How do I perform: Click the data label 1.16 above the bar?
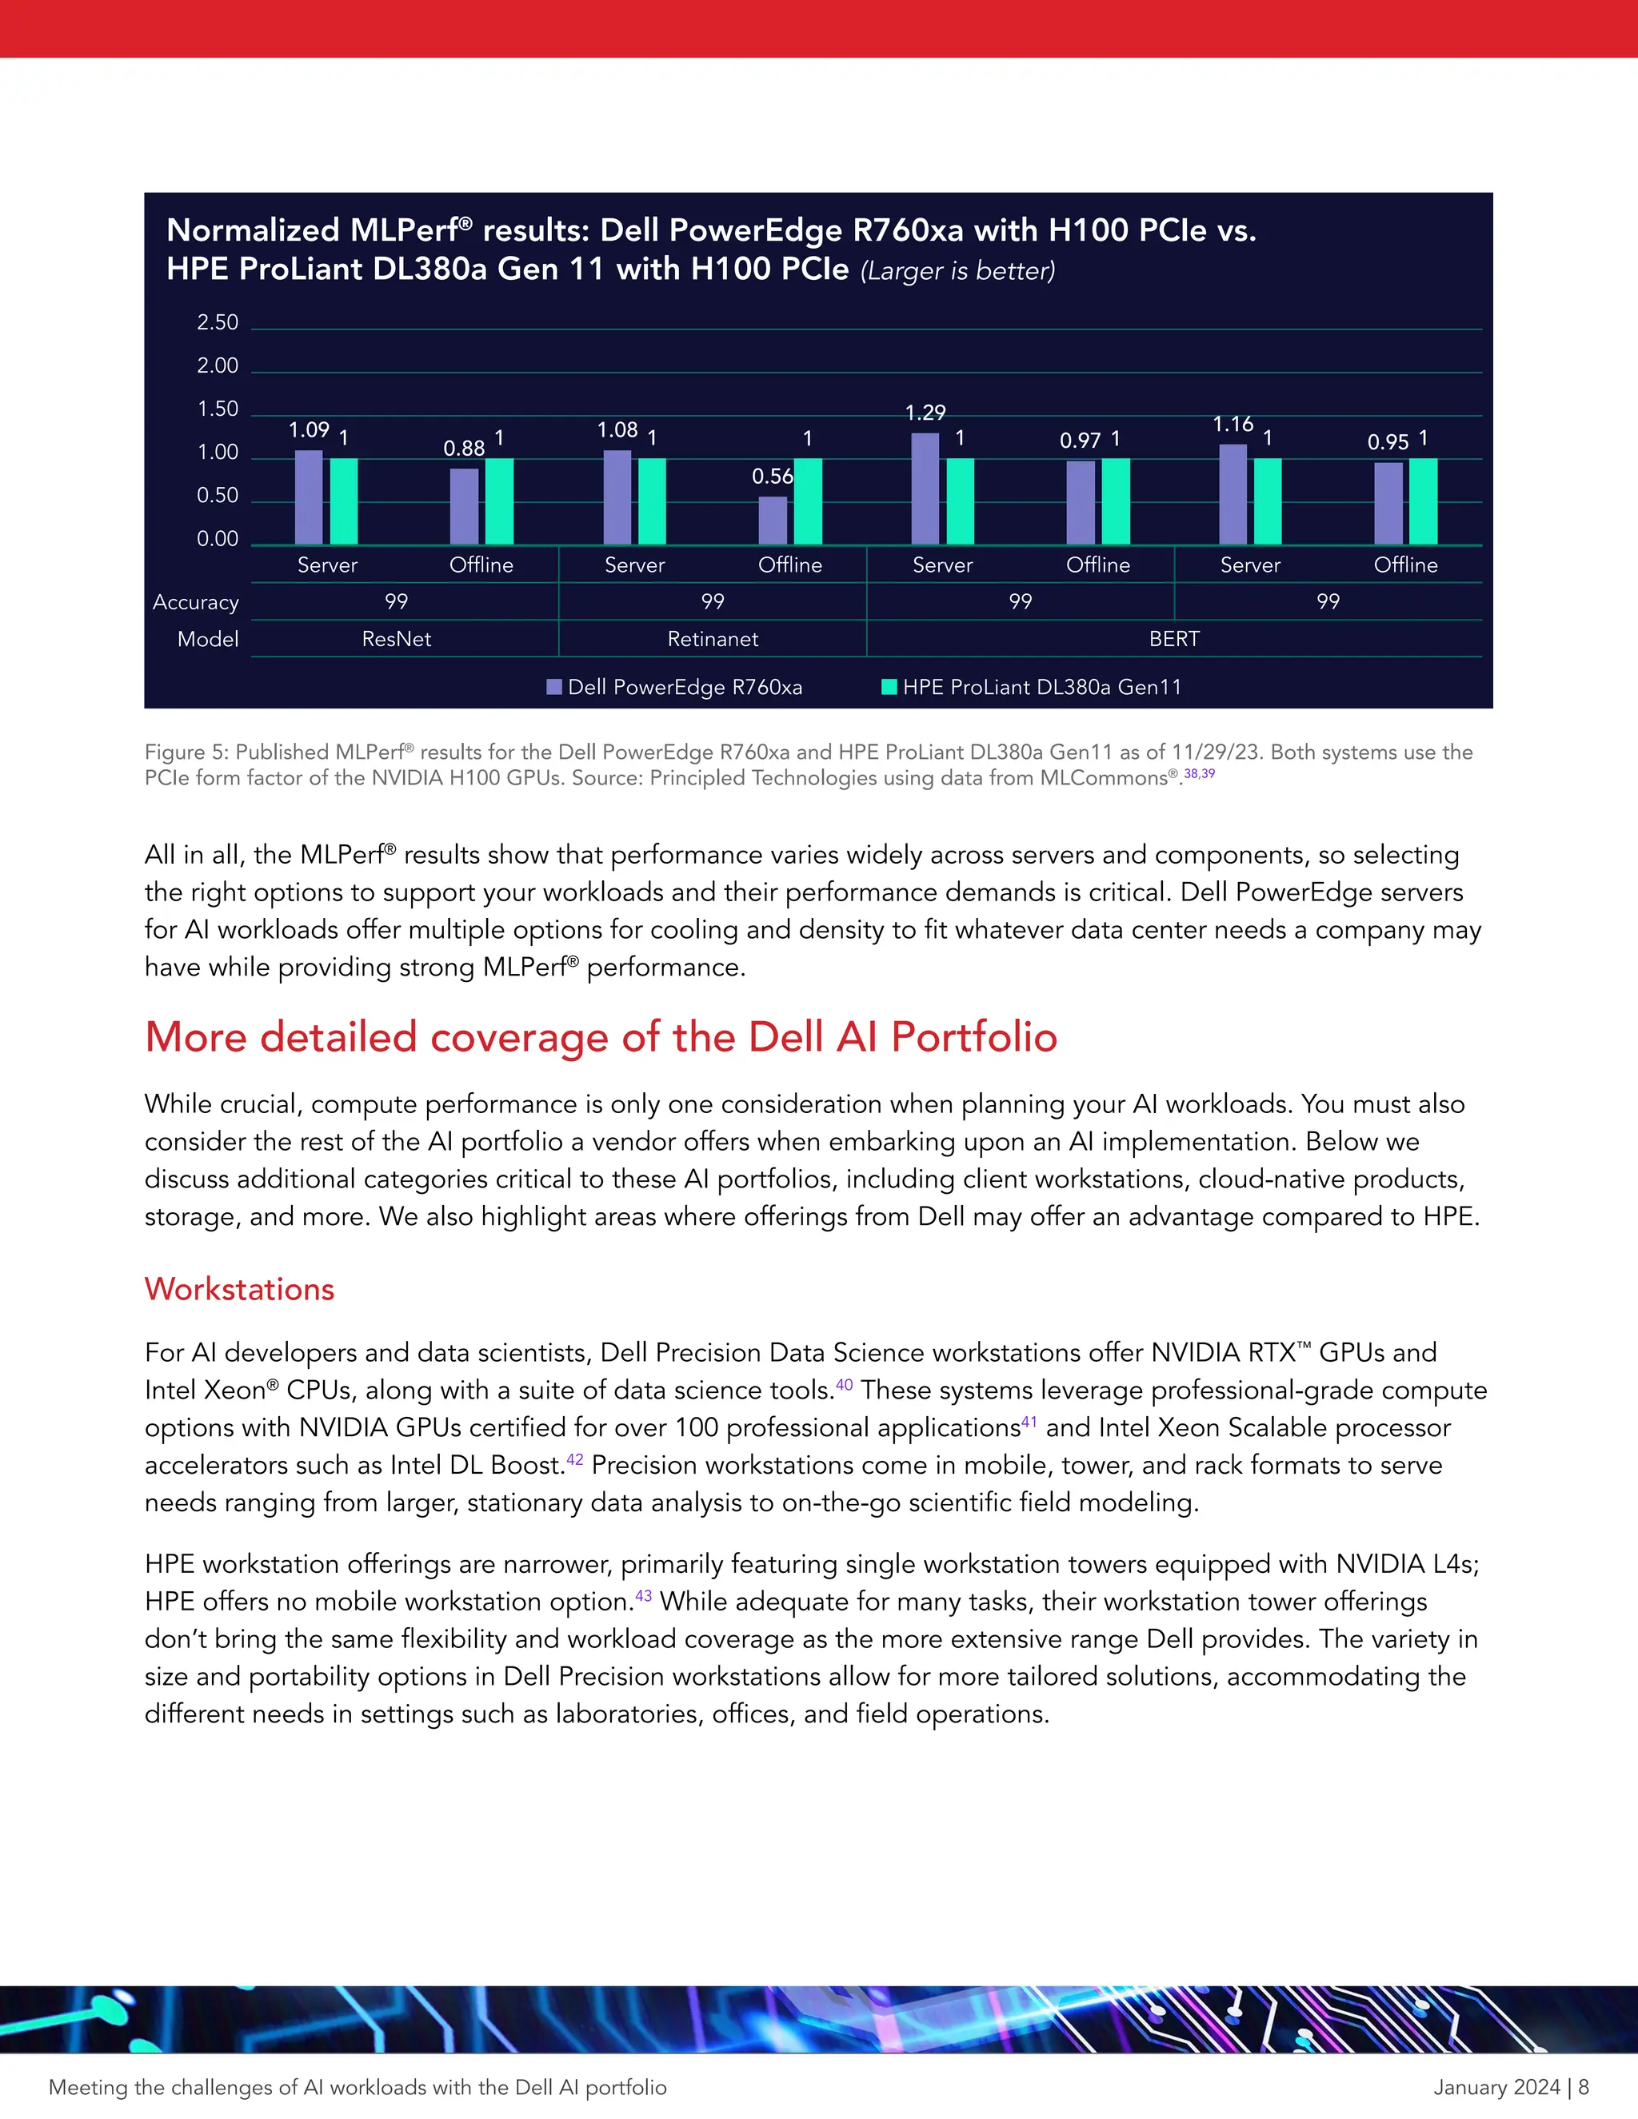[x=1232, y=424]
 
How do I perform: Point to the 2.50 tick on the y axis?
[x=218, y=322]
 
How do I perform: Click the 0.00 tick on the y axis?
[x=218, y=538]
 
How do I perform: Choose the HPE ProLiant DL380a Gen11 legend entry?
[x=1033, y=687]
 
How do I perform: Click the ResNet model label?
[x=396, y=638]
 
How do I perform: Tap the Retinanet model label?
[x=713, y=638]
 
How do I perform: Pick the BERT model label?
[x=1174, y=638]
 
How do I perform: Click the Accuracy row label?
[x=196, y=601]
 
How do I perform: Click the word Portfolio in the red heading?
[x=973, y=1036]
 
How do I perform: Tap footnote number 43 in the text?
[x=643, y=1595]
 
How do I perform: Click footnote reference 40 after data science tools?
[x=845, y=1384]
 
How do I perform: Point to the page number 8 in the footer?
[x=1584, y=2087]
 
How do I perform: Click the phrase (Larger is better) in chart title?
[x=957, y=271]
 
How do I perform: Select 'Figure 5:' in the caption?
[x=186, y=752]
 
